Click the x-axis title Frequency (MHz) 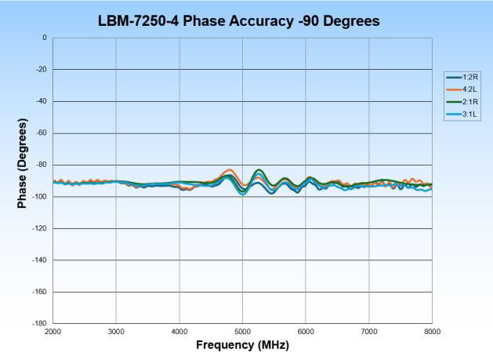(242, 345)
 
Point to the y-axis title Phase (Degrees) (23, 164)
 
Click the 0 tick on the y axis (45, 38)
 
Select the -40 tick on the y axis (42, 101)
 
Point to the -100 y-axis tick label (40, 197)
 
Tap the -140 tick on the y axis (40, 260)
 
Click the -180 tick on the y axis (40, 323)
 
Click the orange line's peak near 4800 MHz (229, 169)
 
